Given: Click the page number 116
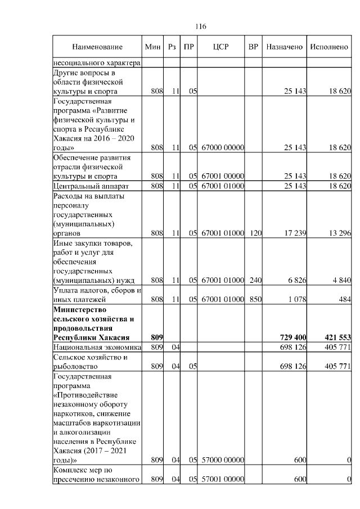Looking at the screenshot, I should [200, 26].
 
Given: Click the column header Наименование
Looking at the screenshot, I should [97, 47].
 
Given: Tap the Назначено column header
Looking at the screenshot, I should [285, 47].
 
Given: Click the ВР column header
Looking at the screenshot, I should [254, 47].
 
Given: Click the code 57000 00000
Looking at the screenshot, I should [222, 461].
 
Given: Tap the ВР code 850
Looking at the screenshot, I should [255, 300].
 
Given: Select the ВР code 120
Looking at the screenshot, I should [255, 232].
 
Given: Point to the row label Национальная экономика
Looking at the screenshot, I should [96, 347].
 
